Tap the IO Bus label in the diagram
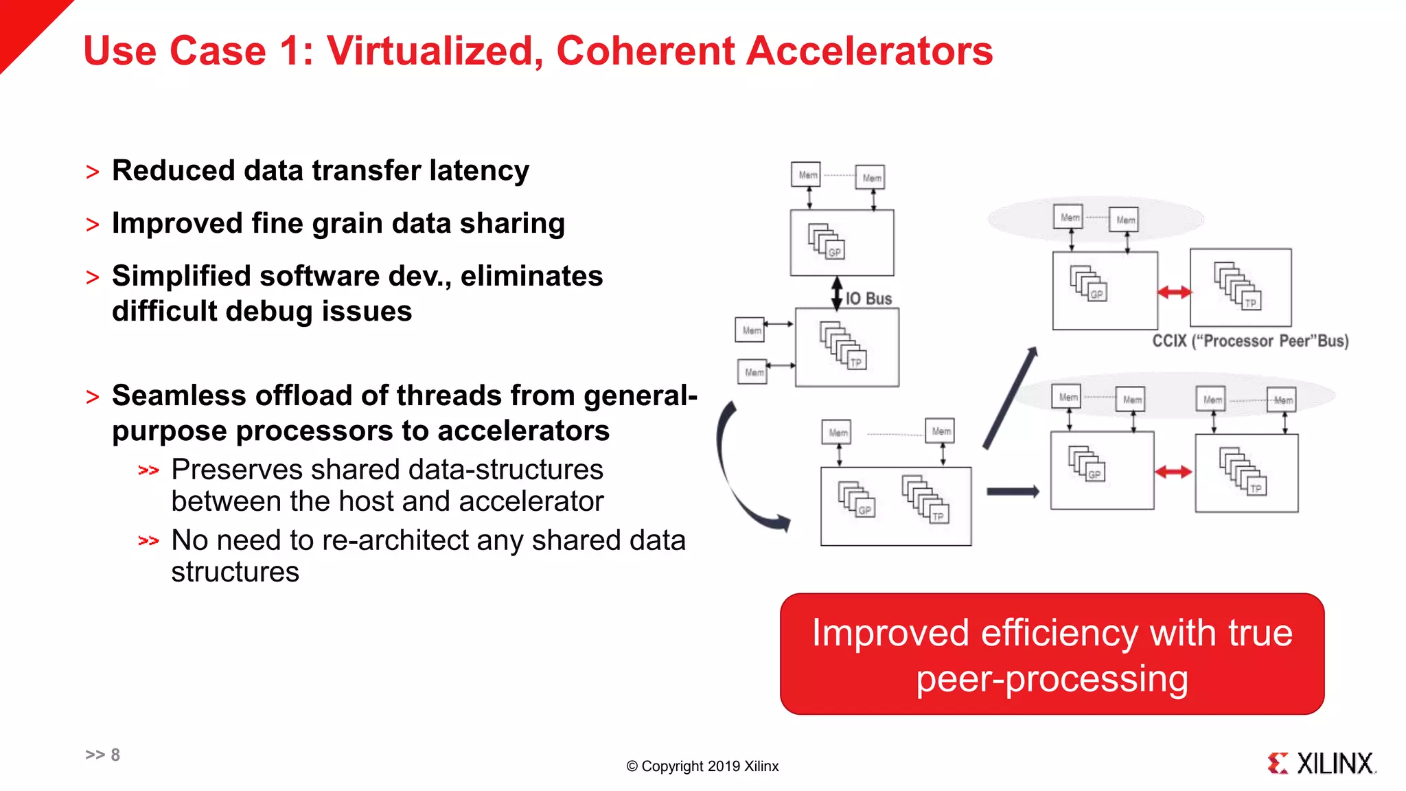868,299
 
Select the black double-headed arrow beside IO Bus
837,293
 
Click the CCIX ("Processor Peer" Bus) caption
1250,341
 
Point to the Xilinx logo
1322,763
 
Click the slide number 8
115,755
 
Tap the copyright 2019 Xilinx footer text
702,766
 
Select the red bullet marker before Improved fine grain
93,225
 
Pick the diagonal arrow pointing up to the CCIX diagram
1010,398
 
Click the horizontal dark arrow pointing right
1013,492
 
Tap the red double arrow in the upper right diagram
1175,293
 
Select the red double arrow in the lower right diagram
1173,472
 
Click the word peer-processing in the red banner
1052,679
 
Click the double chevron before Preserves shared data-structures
148,470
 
